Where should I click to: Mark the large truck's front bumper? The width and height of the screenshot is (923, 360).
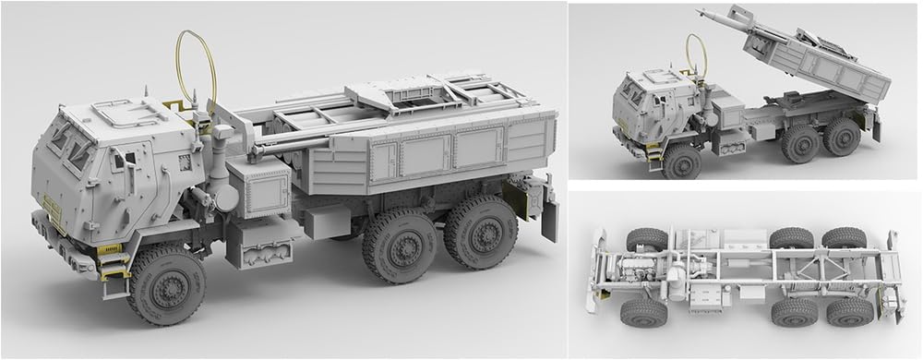pyautogui.click(x=65, y=242)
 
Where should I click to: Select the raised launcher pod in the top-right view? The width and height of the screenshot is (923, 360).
pyautogui.click(x=818, y=65)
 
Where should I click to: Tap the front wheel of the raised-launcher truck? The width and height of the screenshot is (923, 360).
pyautogui.click(x=682, y=161)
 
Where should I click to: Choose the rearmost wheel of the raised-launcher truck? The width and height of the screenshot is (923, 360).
pyautogui.click(x=841, y=136)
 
